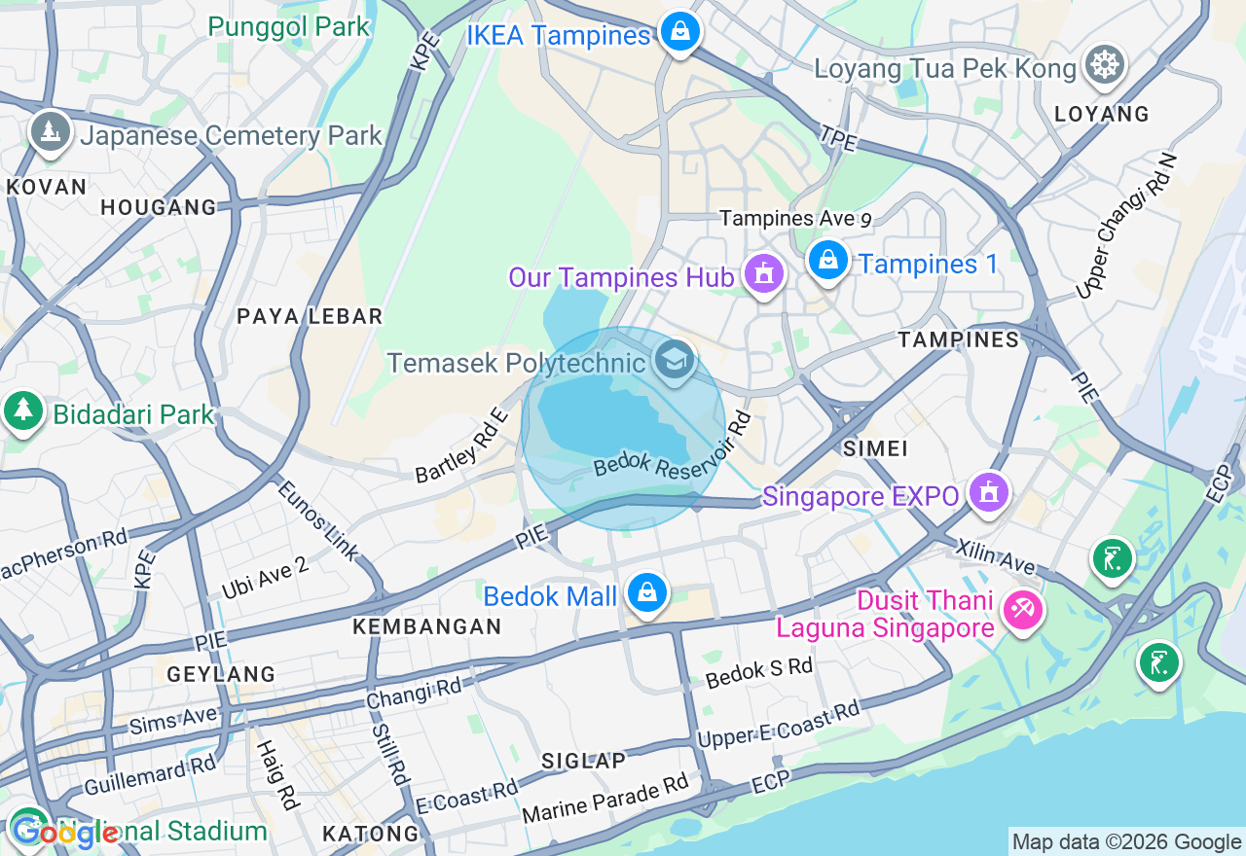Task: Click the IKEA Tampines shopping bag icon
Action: (679, 32)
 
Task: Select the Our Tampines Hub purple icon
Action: (764, 275)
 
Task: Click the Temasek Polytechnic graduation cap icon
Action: (674, 360)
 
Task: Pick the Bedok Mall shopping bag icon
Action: (646, 592)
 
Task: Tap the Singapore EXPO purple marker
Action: (989, 493)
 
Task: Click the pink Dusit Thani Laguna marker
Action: (1022, 610)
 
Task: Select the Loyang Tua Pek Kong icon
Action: (1105, 65)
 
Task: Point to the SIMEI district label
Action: (876, 448)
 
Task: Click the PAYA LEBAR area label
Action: (310, 316)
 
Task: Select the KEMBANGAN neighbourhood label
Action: (426, 627)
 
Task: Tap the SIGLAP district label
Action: (583, 761)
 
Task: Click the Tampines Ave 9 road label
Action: (794, 219)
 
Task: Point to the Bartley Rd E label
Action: (462, 446)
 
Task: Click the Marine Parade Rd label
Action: (605, 797)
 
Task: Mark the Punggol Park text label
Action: (289, 26)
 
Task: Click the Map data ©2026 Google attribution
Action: (1126, 842)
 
